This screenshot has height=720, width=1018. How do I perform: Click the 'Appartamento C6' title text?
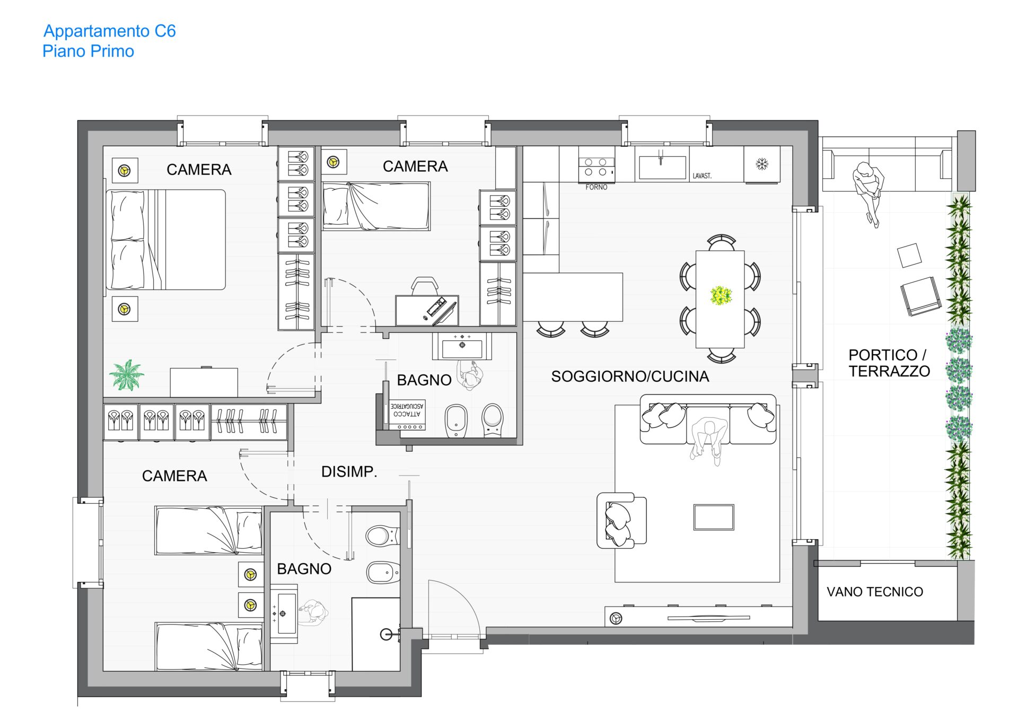coord(109,31)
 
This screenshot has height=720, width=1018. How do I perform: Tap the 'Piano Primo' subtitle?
coord(88,51)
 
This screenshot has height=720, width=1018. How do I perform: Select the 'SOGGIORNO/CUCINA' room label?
coord(630,376)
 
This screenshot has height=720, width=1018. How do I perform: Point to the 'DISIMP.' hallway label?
coord(349,471)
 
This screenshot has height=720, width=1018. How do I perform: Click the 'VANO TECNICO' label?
coord(875,592)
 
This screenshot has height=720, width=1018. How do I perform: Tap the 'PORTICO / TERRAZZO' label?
coord(889,363)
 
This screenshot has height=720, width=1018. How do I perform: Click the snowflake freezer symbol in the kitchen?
coord(762,164)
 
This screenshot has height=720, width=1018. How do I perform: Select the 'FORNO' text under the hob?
coord(596,187)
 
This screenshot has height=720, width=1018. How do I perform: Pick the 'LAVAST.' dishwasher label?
coord(702,176)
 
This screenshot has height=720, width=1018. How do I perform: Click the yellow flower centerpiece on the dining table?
coord(721,295)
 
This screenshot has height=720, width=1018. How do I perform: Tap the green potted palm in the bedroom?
coord(127,375)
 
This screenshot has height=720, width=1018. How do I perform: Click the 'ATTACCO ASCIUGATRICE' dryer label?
coord(407,410)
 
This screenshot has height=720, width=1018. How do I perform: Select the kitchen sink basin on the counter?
coord(662,167)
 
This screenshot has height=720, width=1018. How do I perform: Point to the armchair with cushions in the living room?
coord(621,521)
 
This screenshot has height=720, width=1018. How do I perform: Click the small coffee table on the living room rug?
coord(714,517)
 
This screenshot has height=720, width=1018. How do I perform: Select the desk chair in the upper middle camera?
coord(425,286)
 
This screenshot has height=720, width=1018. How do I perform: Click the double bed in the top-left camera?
coord(166,240)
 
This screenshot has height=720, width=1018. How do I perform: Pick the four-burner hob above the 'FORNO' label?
coord(596,167)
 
